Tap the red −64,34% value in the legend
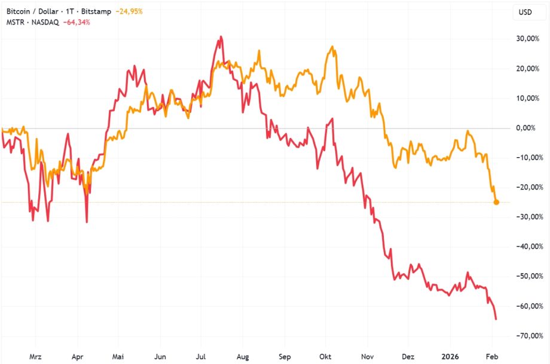click(x=77, y=22)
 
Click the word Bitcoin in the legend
click(x=19, y=11)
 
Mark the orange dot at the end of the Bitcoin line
click(x=496, y=202)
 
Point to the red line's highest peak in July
click(x=221, y=37)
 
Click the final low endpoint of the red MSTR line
click(x=496, y=319)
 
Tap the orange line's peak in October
click(x=331, y=47)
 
